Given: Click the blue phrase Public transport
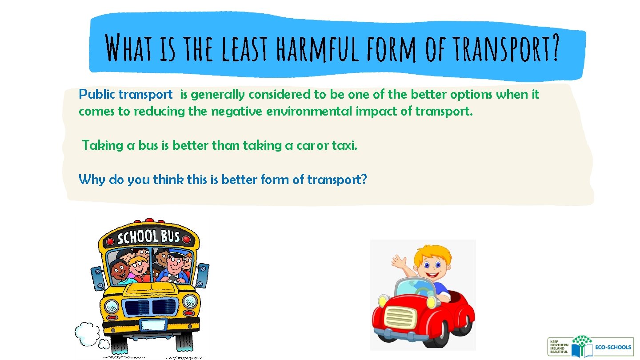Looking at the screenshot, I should click(x=125, y=95).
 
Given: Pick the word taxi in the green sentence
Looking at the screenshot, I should click(x=344, y=146).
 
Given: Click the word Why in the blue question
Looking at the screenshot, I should click(x=90, y=180).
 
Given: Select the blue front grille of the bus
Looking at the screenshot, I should click(x=152, y=306).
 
